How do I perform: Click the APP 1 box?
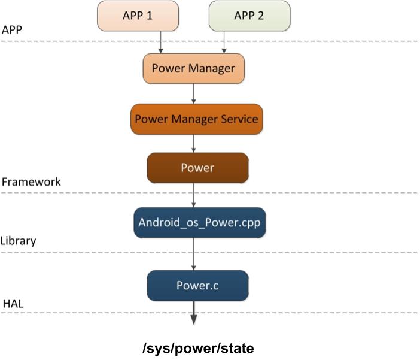138,16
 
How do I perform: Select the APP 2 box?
249,16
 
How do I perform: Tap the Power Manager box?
193,68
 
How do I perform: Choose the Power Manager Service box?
196,119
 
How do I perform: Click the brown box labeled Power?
197,168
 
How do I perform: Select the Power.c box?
197,286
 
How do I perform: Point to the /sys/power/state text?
198,348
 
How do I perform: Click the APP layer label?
13,29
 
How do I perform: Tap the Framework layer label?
31,181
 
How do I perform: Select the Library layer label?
19,241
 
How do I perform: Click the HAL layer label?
13,305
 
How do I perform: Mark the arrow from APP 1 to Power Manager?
161,41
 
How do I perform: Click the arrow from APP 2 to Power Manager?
224,41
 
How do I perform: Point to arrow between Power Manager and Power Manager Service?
194,93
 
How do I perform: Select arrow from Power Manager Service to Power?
194,143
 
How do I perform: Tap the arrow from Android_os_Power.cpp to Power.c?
194,254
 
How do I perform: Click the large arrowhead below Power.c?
194,319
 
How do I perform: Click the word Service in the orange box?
238,119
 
